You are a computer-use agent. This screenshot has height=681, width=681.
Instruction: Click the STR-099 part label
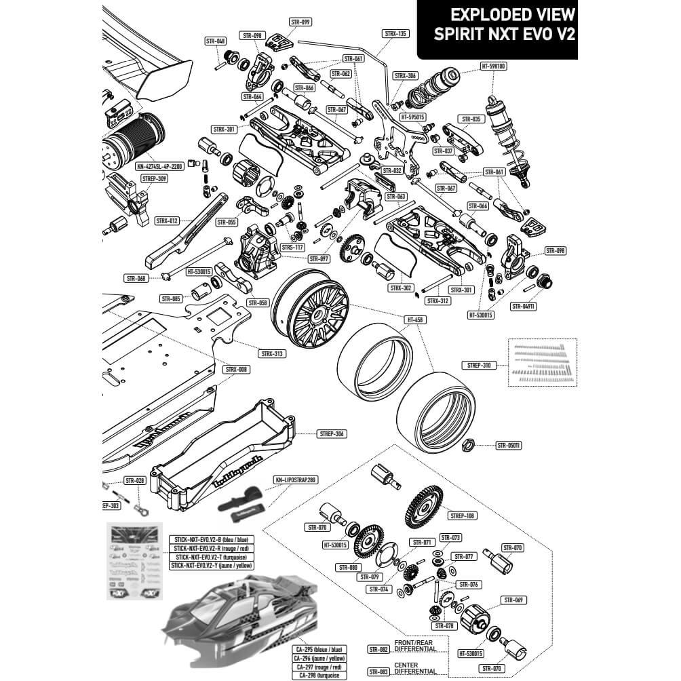[x=300, y=22]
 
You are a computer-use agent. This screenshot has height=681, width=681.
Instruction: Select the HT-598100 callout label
[x=493, y=66]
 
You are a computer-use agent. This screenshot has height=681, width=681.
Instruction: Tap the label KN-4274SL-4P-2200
[x=159, y=166]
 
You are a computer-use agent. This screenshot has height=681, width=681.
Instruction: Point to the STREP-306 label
[x=330, y=434]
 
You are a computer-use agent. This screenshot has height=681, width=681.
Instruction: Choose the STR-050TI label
[x=508, y=446]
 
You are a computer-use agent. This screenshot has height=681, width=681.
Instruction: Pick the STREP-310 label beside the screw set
[x=479, y=366]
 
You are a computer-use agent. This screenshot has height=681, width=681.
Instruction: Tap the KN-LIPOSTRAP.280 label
[x=296, y=480]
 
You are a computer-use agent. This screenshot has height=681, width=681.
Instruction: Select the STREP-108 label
[x=462, y=515]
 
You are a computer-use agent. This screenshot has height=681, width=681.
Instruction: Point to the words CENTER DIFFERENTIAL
[x=414, y=668]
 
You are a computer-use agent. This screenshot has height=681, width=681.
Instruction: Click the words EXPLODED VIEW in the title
[x=513, y=15]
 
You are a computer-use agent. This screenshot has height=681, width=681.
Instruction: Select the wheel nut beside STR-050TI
[x=467, y=446]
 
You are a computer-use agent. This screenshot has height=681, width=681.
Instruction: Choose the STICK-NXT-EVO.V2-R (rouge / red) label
[x=210, y=548]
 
